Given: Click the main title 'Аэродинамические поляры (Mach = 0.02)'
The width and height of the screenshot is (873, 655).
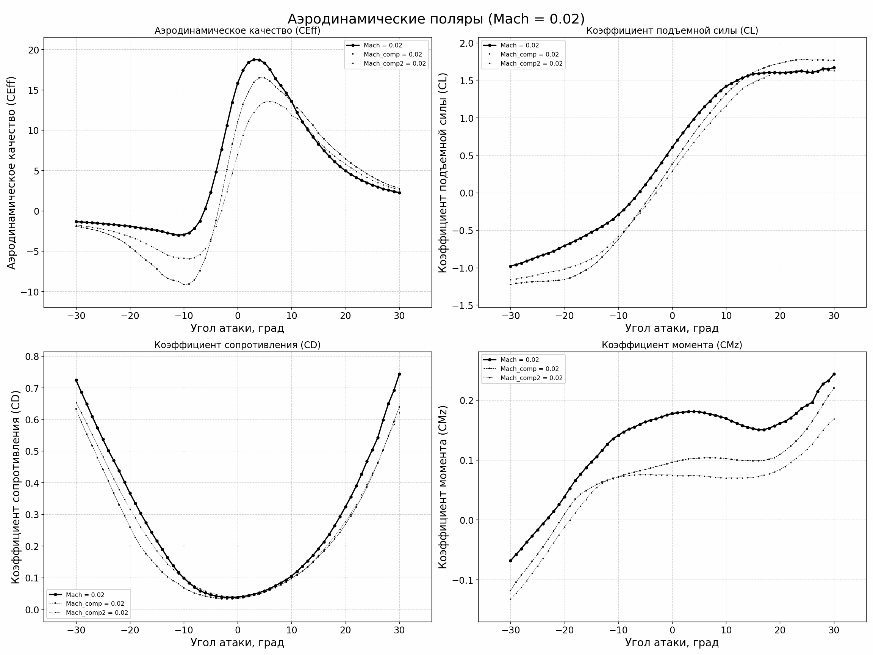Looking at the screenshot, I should pos(436,19).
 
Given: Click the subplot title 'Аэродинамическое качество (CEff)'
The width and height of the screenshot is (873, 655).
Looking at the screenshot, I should pos(237,31).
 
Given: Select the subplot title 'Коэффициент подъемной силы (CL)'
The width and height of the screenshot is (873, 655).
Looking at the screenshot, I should pos(672,31).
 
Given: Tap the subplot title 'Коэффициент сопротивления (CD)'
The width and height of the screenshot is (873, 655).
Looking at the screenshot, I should pos(237,345).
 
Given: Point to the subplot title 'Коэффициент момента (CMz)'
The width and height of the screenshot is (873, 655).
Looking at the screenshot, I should pos(672,345).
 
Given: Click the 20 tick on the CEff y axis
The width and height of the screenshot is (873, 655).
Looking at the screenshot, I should pos(34,50).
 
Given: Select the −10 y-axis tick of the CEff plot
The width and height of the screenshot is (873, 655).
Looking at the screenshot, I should pos(30,292).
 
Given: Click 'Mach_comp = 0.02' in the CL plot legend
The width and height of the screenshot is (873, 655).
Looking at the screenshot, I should pos(529,55).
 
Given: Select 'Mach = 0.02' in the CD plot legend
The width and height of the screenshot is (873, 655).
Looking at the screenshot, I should pos(85,595).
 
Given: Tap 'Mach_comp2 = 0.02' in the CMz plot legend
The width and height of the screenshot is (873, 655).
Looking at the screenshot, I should pos(531,378).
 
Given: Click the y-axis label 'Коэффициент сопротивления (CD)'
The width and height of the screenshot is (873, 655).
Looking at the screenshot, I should pos(16,487).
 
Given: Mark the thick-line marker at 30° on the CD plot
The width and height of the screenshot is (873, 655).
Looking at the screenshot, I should pos(399,374).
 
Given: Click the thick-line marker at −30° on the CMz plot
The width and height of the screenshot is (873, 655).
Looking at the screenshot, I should pos(510,561).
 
